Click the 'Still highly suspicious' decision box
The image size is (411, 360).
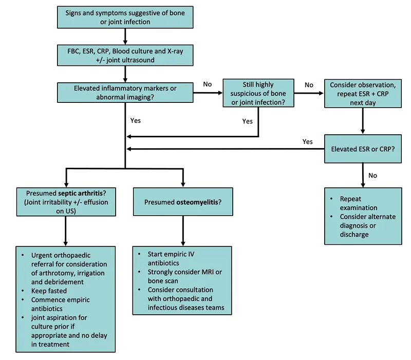pos(258,93)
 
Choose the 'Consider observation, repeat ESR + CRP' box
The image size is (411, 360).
pos(363,93)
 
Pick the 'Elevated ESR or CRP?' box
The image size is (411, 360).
pos(363,149)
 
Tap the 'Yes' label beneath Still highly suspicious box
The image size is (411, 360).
pos(247,121)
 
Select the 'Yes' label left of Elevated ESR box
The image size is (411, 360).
pos(308,141)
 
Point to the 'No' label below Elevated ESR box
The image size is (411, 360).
pos(372,175)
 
